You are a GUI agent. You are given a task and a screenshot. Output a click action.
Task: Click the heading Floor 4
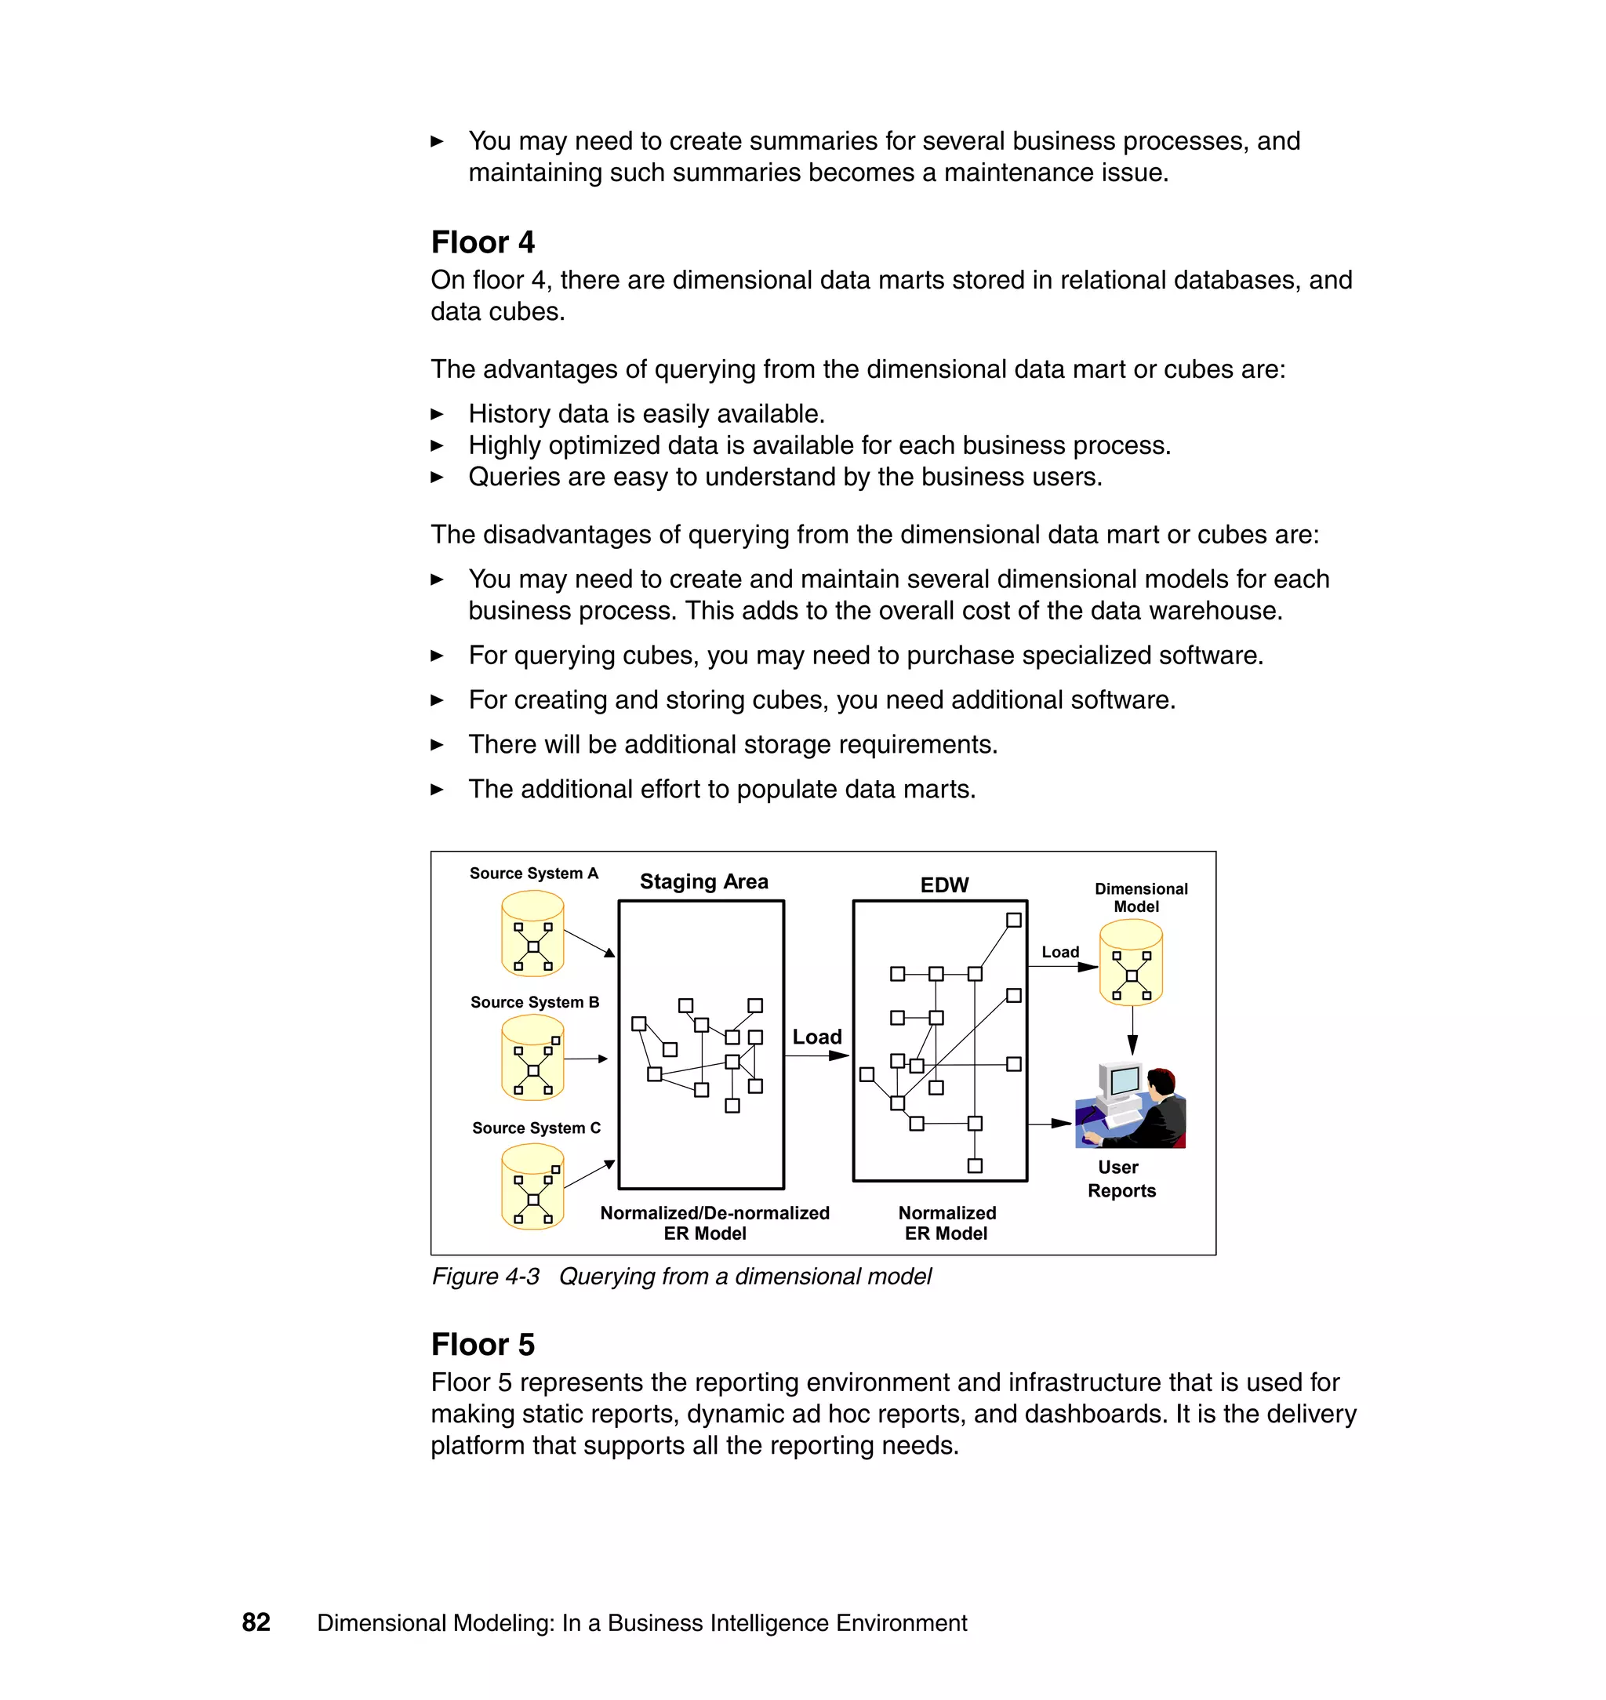pos(482,242)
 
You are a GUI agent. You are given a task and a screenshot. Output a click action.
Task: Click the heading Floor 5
pos(482,1344)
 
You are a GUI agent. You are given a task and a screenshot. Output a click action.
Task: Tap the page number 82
pos(256,1622)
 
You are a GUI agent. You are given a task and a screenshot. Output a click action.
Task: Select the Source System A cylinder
pos(532,933)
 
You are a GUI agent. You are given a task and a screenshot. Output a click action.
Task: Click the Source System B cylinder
pos(532,1058)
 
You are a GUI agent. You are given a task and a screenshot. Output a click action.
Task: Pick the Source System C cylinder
pos(532,1186)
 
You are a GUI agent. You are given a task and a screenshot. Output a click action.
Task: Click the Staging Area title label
pos(703,881)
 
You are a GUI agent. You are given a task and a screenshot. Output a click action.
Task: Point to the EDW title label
pos(944,885)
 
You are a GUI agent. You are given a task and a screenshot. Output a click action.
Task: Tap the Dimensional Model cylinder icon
pos(1131,962)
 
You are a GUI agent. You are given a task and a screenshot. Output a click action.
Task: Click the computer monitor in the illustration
pos(1121,1083)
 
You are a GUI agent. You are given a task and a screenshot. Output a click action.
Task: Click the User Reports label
pos(1121,1179)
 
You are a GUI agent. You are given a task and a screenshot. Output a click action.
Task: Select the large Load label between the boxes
pos(816,1037)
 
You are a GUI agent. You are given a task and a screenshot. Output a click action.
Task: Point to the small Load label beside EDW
pos(1060,952)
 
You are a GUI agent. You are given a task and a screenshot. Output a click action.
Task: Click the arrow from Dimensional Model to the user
pos(1132,1030)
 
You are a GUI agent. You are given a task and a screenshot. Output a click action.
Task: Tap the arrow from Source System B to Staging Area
pos(587,1059)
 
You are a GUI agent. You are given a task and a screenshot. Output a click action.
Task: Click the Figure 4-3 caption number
pos(485,1277)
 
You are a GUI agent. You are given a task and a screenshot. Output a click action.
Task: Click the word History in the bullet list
pos(511,413)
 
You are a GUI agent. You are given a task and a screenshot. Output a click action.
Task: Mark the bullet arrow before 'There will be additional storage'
pos(438,745)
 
